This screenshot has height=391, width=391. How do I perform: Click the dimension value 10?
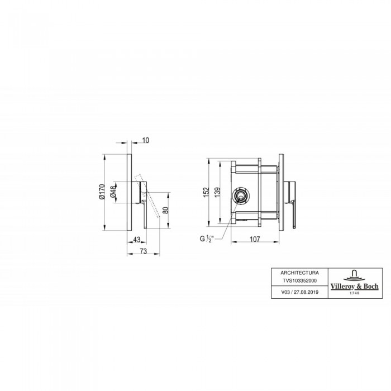click(x=146, y=140)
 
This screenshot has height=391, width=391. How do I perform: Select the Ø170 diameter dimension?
click(x=102, y=192)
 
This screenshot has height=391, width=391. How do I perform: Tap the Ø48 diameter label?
click(x=113, y=192)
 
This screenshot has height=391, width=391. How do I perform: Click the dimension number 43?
click(x=137, y=240)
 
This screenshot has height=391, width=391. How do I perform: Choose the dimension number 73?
click(x=144, y=251)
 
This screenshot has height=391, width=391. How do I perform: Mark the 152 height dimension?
click(x=206, y=192)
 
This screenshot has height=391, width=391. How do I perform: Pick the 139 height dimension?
click(x=217, y=192)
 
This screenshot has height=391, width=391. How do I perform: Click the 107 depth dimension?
click(x=255, y=239)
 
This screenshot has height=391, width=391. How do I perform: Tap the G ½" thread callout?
click(x=207, y=239)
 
